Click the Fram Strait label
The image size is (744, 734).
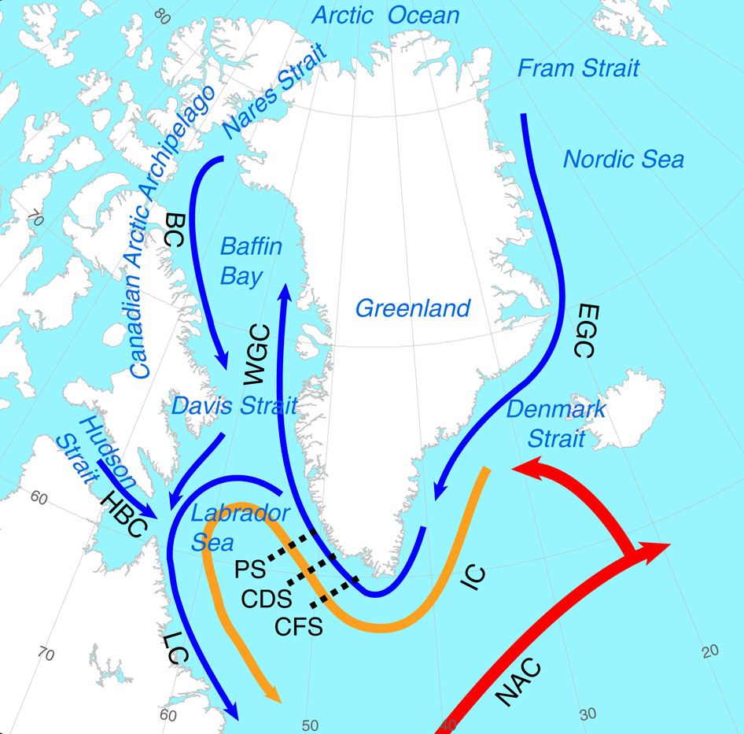pyautogui.click(x=578, y=68)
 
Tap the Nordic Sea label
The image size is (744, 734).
pyautogui.click(x=624, y=160)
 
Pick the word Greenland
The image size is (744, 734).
pyautogui.click(x=413, y=308)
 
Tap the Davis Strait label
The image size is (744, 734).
pyautogui.click(x=234, y=406)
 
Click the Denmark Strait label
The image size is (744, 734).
pyautogui.click(x=557, y=422)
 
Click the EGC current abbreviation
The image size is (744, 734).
pyautogui.click(x=581, y=329)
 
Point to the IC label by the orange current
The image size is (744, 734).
pyautogui.click(x=473, y=579)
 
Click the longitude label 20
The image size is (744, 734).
pyautogui.click(x=710, y=651)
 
